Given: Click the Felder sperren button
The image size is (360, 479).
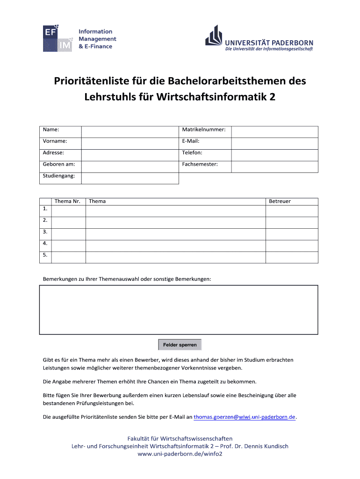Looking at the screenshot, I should click(180, 345).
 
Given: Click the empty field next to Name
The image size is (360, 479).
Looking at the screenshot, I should click(130, 131).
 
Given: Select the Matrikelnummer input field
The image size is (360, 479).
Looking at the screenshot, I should click(274, 131).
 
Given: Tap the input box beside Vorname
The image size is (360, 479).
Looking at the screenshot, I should click(130, 143).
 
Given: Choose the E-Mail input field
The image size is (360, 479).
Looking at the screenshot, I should click(274, 143).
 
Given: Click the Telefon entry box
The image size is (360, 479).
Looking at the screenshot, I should click(274, 155).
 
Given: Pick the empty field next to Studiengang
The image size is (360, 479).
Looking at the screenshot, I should click(130, 178).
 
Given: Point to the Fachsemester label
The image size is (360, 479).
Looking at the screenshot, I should click(200, 165).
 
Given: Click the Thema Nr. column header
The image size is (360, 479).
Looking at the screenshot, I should click(68, 202).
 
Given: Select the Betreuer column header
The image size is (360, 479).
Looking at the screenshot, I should click(280, 202).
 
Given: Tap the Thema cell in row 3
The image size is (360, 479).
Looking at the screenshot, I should click(175, 234).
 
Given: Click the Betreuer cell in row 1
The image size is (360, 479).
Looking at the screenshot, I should click(292, 210).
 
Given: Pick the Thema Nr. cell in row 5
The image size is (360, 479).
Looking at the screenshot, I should click(68, 257).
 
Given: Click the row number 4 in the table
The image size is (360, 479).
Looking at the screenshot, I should click(45, 243).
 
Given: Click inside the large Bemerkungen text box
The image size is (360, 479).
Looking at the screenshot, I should click(179, 310).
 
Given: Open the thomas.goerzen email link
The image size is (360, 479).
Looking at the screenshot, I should click(245, 417).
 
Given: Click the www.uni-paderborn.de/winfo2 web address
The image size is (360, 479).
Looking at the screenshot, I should click(180, 454).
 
